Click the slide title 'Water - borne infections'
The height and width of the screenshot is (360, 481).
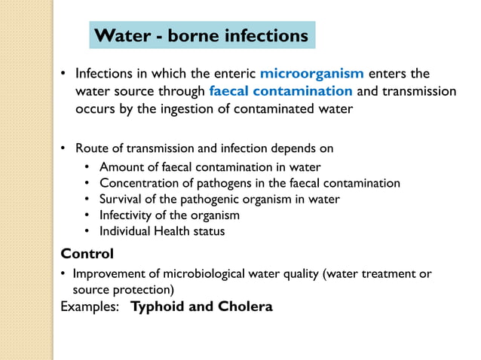point(203,35)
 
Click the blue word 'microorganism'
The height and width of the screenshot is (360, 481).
point(312,74)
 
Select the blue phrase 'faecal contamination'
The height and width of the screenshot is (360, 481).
point(281,91)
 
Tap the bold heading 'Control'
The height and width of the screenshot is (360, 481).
point(87,253)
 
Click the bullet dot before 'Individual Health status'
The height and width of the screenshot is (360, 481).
point(88,231)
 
